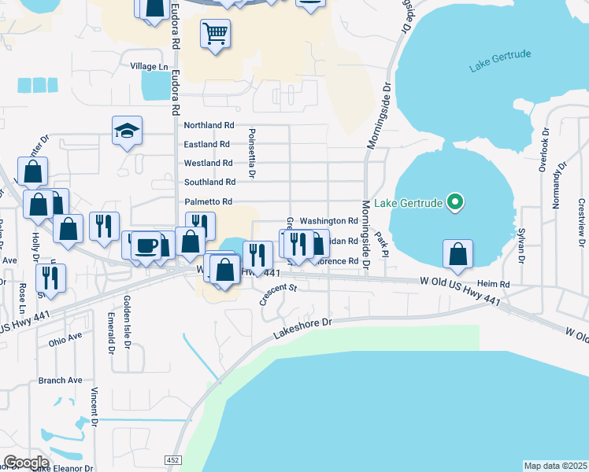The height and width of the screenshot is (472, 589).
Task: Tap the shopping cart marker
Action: coord(215,34)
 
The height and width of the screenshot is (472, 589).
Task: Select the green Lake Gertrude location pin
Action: coord(454,203)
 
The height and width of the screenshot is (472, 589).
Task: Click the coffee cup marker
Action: coord(146,245)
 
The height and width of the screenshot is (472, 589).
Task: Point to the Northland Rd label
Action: coord(209,125)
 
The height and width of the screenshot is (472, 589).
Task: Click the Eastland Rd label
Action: coord(206,145)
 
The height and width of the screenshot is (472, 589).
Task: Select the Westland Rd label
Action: coord(208,164)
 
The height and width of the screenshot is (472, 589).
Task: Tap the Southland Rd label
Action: coord(209,183)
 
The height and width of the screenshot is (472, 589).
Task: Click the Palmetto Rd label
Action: coord(208,202)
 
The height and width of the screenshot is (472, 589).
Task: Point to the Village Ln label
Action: coord(150,67)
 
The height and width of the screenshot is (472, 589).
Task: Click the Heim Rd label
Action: coord(493,284)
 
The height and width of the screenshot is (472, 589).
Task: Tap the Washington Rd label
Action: coord(329,221)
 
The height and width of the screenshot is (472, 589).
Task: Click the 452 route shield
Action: coord(173,459)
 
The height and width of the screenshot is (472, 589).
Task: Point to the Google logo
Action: coord(26,462)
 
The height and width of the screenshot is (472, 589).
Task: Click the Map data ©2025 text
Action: coord(555,466)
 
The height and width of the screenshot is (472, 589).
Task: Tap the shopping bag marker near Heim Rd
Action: coord(457,255)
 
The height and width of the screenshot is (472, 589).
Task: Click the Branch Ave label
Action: coord(60,381)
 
